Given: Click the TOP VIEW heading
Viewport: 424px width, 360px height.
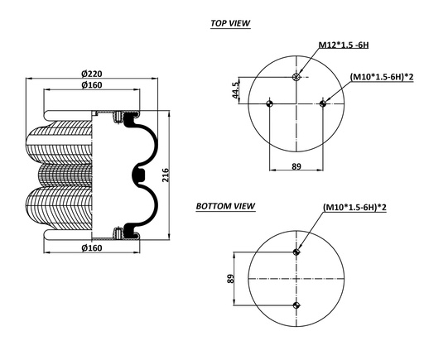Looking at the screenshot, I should point(230,24).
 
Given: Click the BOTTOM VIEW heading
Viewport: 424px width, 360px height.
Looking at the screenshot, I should point(225,205).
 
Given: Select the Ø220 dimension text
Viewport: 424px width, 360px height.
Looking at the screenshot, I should point(91,73).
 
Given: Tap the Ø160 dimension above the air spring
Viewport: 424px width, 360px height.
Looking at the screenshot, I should point(91,85).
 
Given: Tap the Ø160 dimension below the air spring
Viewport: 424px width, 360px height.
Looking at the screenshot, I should point(91,248).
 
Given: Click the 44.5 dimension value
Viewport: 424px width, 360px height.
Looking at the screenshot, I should point(236,90).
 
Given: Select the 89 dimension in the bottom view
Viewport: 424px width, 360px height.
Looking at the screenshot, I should point(231,279).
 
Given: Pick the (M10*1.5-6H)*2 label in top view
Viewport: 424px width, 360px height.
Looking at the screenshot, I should point(382,77).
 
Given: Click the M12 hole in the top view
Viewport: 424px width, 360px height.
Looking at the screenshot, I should point(296,78).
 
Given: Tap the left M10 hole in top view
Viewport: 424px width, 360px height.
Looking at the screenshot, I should point(269,103).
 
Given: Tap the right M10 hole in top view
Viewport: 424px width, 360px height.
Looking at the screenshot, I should point(322,103).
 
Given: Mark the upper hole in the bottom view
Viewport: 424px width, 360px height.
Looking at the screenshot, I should point(296,252).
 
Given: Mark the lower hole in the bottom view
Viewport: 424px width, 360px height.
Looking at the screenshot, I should point(296,305).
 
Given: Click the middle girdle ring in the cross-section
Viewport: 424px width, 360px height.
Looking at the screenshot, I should point(137,175).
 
